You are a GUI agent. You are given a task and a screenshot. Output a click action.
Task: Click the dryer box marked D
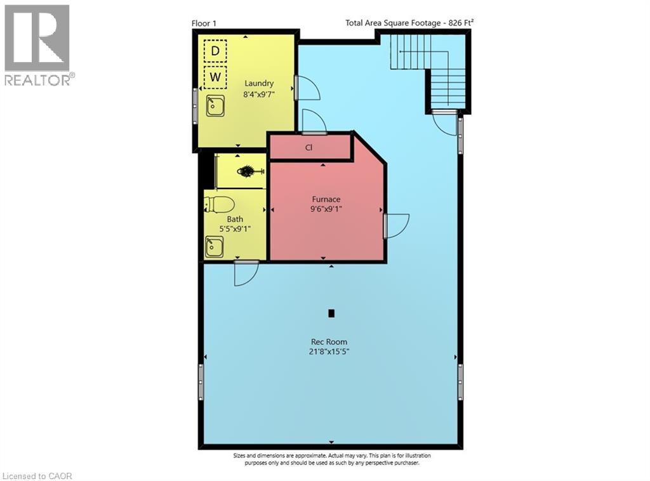(216, 50)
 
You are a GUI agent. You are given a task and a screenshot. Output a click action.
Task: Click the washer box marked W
(216, 77)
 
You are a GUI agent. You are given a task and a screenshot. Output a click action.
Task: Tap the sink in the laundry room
(215, 105)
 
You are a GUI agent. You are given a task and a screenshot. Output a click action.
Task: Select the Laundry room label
(259, 83)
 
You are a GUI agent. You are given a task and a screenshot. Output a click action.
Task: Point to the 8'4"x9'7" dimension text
(259, 94)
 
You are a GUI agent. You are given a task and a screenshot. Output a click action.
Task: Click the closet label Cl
(309, 147)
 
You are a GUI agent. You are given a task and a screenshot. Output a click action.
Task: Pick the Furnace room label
(326, 199)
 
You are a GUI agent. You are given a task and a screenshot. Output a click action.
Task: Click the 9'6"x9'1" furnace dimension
(326, 210)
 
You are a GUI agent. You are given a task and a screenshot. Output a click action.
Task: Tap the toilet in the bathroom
(218, 204)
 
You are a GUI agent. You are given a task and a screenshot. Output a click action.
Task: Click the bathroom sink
(214, 246)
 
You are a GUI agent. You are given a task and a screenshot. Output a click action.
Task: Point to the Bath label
(235, 219)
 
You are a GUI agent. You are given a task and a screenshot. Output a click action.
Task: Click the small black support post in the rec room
(331, 313)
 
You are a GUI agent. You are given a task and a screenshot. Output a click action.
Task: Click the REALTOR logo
(37, 44)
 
